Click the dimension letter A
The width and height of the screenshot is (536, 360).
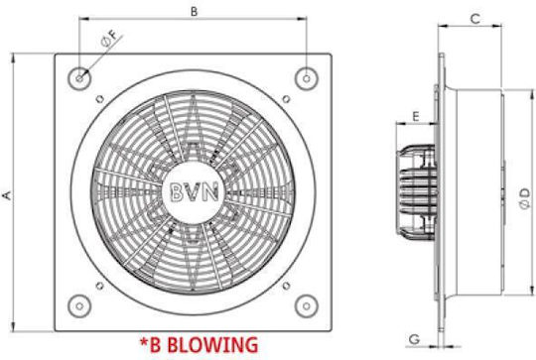pos(7,195)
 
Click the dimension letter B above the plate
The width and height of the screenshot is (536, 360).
pos(194,11)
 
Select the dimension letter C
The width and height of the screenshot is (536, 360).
pos(475,19)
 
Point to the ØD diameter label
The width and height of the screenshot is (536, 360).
pos(525,198)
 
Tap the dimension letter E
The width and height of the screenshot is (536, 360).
pos(416,116)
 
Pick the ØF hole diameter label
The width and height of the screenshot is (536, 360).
pos(110,38)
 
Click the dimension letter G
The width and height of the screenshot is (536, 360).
pos(414,339)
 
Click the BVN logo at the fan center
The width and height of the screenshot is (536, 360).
pos(194,191)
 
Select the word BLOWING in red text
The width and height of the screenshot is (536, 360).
pos(213,344)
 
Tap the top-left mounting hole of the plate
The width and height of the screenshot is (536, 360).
pos(79,78)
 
